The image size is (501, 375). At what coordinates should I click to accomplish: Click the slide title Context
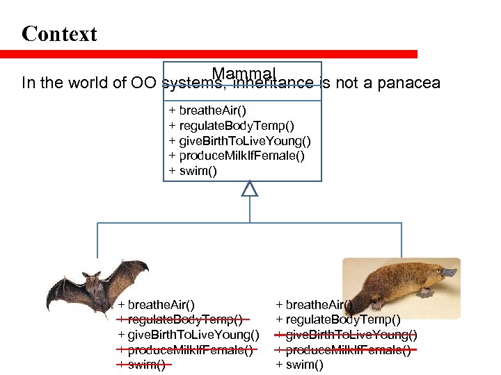(x=59, y=34)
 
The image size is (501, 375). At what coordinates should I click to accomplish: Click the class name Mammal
(x=244, y=74)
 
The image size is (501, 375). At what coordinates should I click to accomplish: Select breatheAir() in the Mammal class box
(x=208, y=110)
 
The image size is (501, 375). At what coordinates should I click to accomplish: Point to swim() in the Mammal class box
(x=193, y=171)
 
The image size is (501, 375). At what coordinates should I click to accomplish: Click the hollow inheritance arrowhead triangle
(x=249, y=188)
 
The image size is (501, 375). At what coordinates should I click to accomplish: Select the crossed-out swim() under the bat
(x=142, y=365)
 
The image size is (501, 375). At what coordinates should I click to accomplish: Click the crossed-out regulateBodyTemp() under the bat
(x=180, y=319)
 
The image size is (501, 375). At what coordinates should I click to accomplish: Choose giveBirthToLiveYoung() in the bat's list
(x=189, y=335)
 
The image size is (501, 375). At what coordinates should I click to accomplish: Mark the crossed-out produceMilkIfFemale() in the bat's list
(x=185, y=350)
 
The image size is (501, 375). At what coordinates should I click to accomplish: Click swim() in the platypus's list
(x=300, y=365)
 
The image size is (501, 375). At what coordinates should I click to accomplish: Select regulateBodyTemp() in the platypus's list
(x=338, y=319)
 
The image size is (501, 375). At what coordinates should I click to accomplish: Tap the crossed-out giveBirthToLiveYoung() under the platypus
(x=347, y=335)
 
